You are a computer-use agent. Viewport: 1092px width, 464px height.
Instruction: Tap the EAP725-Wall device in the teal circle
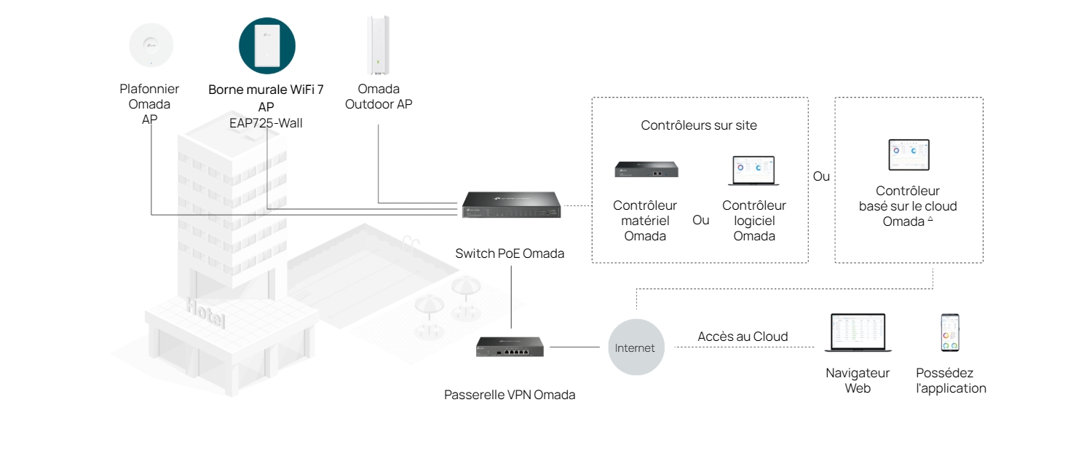click(x=267, y=45)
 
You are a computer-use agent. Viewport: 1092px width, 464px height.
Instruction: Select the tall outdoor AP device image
click(x=379, y=44)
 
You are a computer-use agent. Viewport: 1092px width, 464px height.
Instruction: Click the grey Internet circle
click(x=636, y=347)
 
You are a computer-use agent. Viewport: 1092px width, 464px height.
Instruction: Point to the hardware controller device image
click(x=646, y=169)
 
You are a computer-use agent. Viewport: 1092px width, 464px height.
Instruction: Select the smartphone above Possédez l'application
click(x=950, y=333)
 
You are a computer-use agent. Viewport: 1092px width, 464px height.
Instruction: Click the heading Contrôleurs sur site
click(x=699, y=125)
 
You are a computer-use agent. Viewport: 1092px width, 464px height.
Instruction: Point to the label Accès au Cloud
click(x=743, y=337)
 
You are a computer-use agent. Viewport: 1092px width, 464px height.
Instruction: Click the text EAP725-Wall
click(x=266, y=122)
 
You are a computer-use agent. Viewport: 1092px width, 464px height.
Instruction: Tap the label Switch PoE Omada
click(x=510, y=253)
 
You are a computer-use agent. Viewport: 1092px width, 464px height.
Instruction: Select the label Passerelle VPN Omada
click(x=510, y=395)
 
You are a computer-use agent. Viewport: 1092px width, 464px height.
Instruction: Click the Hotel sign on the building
click(x=205, y=314)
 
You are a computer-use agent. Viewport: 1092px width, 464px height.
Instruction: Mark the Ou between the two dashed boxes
click(x=821, y=176)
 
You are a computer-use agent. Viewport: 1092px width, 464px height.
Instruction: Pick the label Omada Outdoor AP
click(x=379, y=96)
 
